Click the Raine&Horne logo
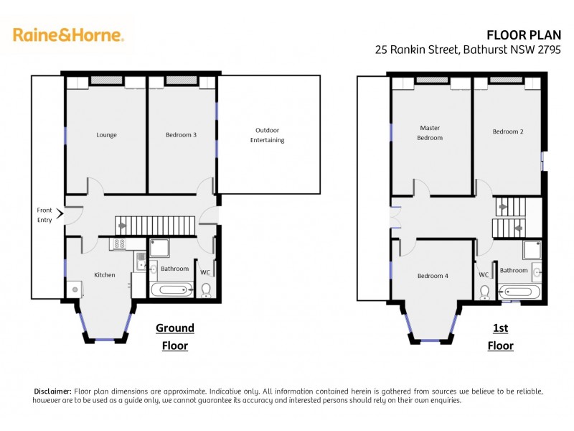click(68, 34)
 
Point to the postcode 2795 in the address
click(549, 50)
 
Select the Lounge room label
click(106, 134)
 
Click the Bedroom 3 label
click(181, 134)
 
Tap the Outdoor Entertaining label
click(267, 135)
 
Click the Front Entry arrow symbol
click(66, 212)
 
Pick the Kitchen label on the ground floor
click(105, 274)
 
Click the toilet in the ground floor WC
click(207, 290)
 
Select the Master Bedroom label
click(430, 133)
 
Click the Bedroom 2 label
click(507, 131)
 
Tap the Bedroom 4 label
click(433, 275)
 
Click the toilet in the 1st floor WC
click(484, 291)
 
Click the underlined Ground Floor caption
click(174, 337)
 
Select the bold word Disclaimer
click(52, 391)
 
